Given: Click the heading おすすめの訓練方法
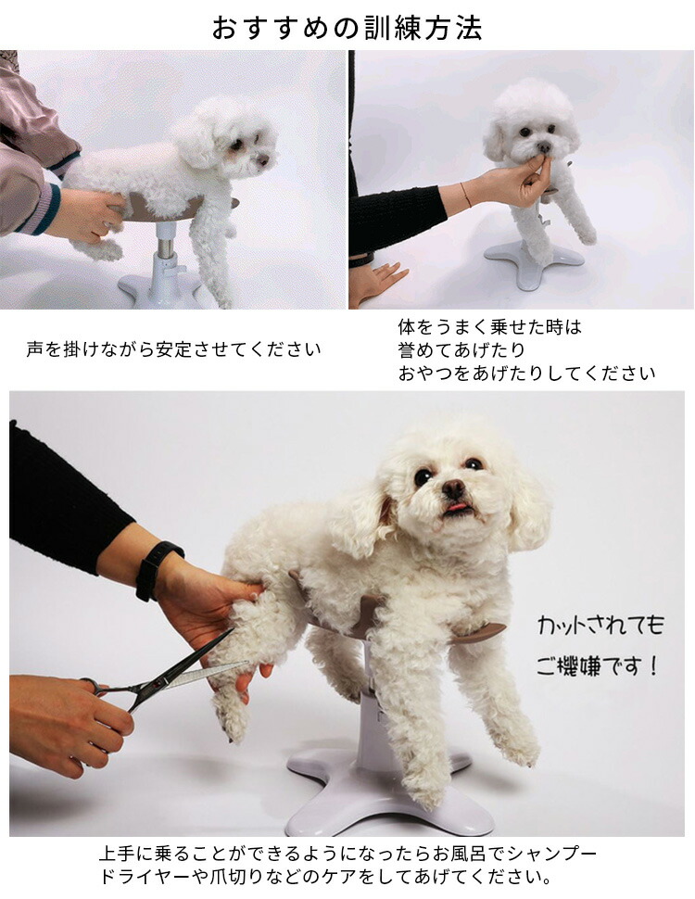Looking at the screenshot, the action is click(x=347, y=27).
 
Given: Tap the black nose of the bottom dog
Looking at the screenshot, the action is click(x=453, y=487).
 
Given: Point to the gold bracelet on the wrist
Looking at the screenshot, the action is click(x=465, y=195).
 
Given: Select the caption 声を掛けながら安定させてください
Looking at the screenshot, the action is click(x=173, y=349).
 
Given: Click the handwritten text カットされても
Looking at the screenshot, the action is click(x=600, y=624).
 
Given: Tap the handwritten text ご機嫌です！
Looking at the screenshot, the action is click(x=597, y=666).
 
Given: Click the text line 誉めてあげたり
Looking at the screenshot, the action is click(x=461, y=349).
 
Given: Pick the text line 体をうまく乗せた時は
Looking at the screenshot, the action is click(x=490, y=327).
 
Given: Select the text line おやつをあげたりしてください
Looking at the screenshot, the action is click(x=527, y=374).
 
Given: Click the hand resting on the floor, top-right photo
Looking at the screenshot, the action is click(x=377, y=282).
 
